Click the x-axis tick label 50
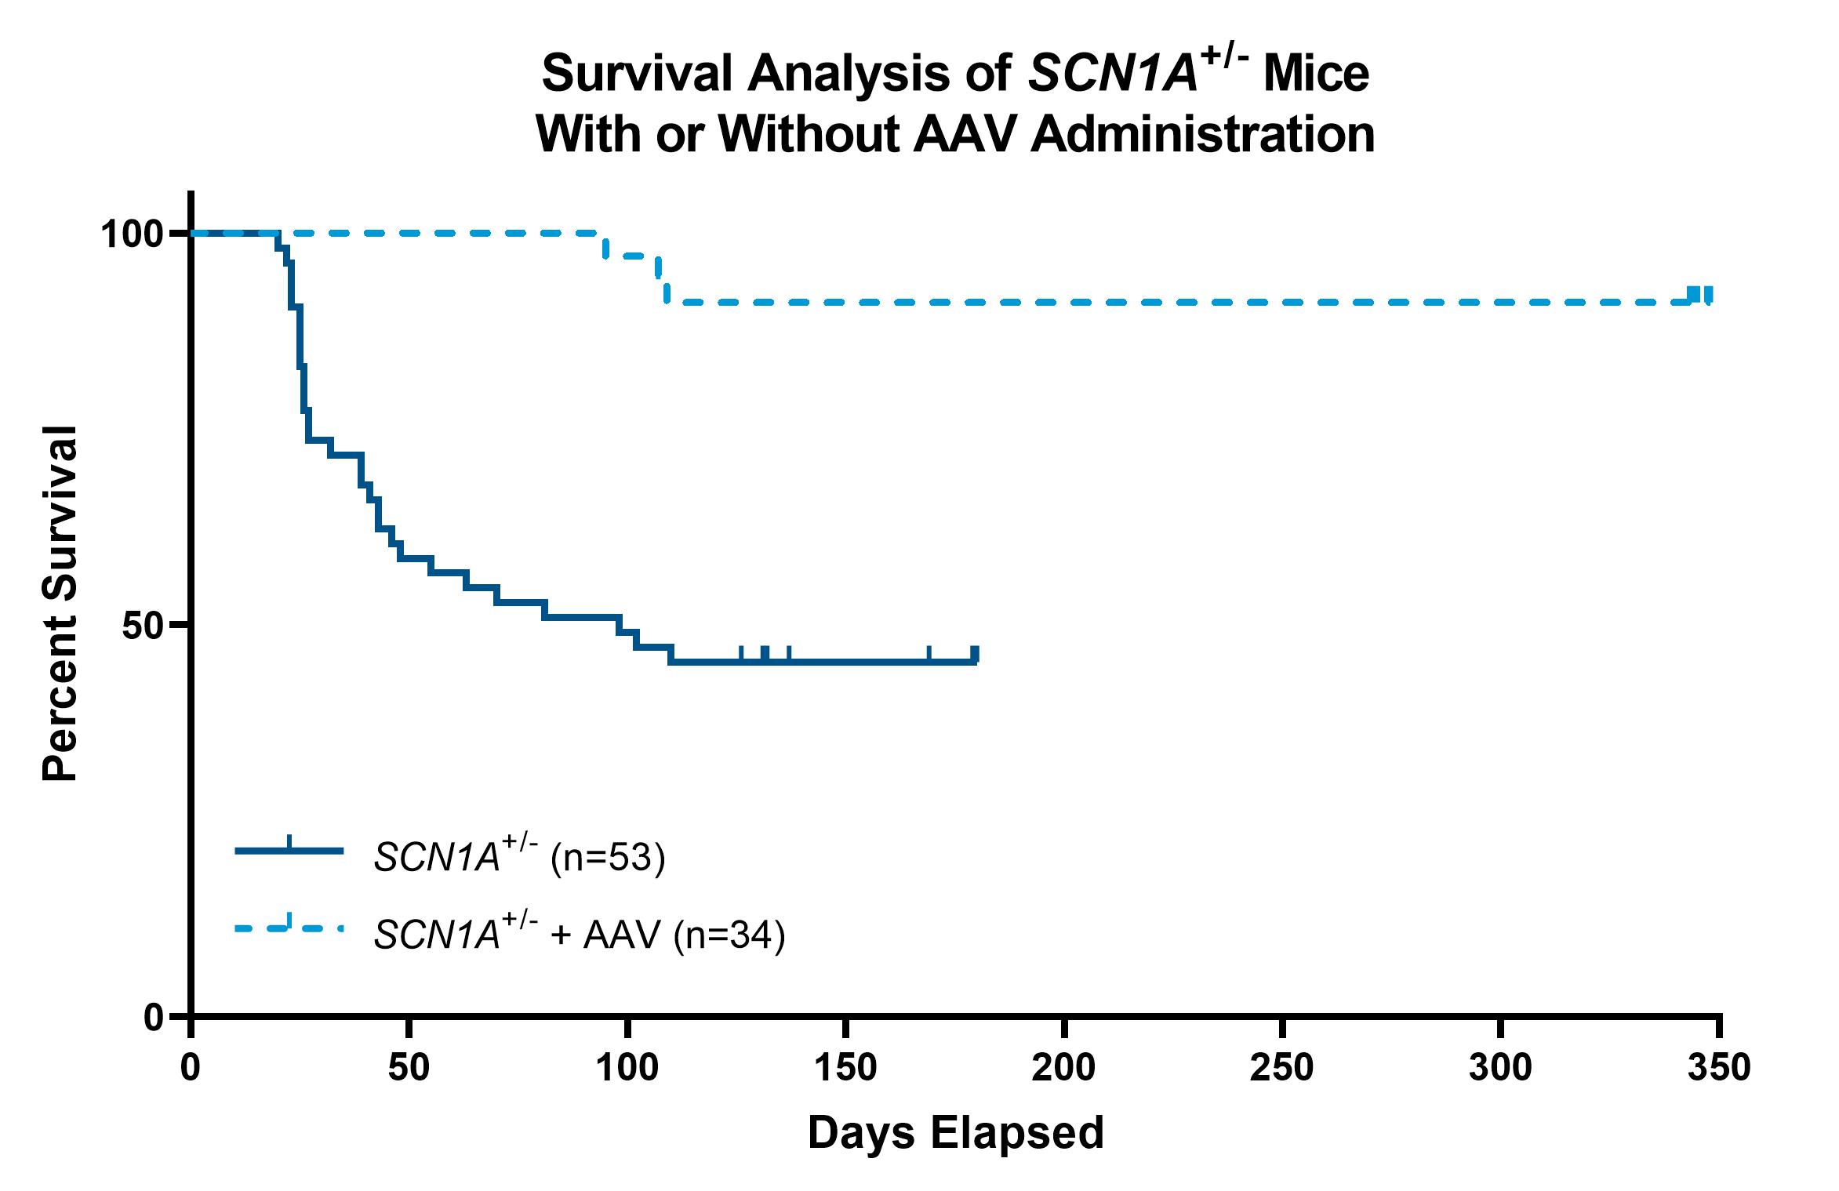click(409, 1068)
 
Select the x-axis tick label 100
click(627, 1068)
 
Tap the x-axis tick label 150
click(845, 1068)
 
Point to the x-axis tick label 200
click(1063, 1068)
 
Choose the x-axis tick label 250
click(1281, 1068)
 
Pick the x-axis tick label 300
click(1499, 1068)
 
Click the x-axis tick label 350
click(1718, 1068)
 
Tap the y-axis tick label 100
click(132, 234)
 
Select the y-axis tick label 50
click(144, 626)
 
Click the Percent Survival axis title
click(60, 604)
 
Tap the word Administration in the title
click(1202, 135)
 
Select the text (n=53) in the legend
click(608, 858)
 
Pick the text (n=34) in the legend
click(729, 935)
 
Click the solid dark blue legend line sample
click(289, 850)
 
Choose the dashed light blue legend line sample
click(289, 928)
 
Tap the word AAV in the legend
click(622, 935)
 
